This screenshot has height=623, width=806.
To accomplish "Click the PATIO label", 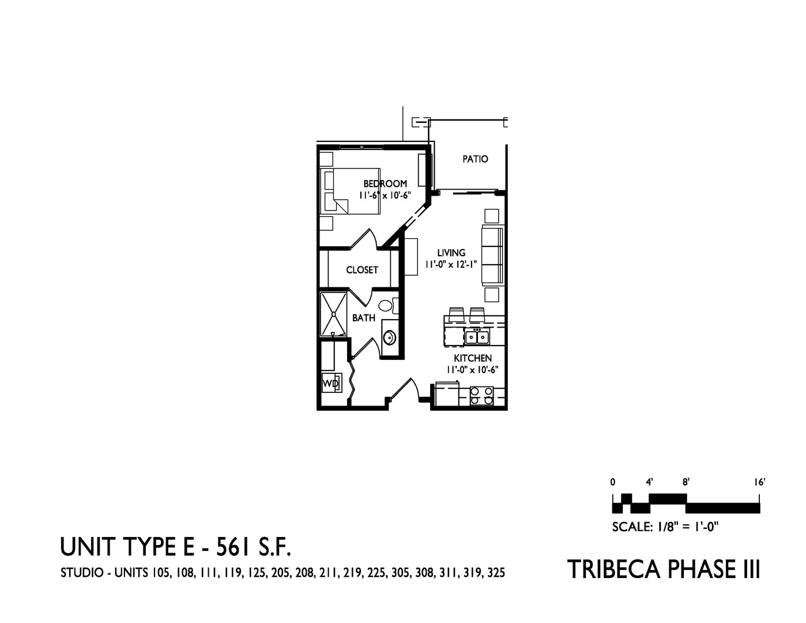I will click(x=475, y=159).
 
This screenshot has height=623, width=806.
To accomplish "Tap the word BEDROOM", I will click(x=385, y=184).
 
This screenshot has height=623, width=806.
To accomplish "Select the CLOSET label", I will click(x=362, y=269).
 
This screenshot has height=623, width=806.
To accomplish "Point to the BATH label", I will click(x=364, y=317).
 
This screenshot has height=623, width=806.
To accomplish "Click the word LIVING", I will click(x=451, y=253).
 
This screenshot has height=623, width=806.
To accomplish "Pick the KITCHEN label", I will click(x=472, y=358).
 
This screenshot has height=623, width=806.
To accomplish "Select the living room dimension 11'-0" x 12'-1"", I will click(x=451, y=264).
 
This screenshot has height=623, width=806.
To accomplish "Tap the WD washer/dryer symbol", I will click(x=330, y=382).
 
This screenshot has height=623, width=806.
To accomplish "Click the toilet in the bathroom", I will click(x=387, y=305).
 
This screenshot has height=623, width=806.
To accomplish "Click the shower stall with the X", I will click(x=334, y=314).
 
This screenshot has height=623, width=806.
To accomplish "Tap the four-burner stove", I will click(x=482, y=395).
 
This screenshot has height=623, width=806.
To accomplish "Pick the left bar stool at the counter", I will click(x=456, y=314).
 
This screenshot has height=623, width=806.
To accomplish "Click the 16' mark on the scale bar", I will click(x=758, y=482).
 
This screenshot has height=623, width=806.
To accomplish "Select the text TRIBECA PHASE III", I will click(x=664, y=569).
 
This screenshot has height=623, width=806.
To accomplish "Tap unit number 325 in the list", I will click(x=496, y=573).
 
